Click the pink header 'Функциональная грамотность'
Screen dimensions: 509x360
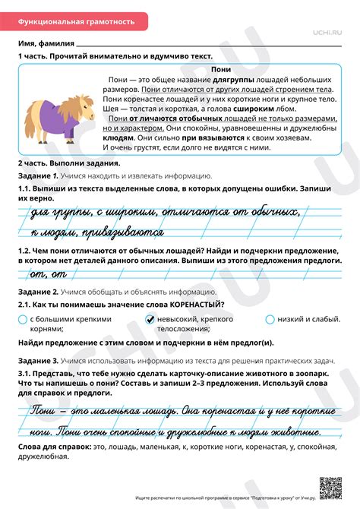tap(77, 22)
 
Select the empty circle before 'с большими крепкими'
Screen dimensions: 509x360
tap(23, 319)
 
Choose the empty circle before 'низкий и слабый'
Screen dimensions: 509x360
tap(270, 319)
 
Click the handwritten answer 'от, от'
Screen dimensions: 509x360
tap(46, 273)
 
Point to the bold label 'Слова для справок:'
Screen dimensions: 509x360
tap(49, 447)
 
